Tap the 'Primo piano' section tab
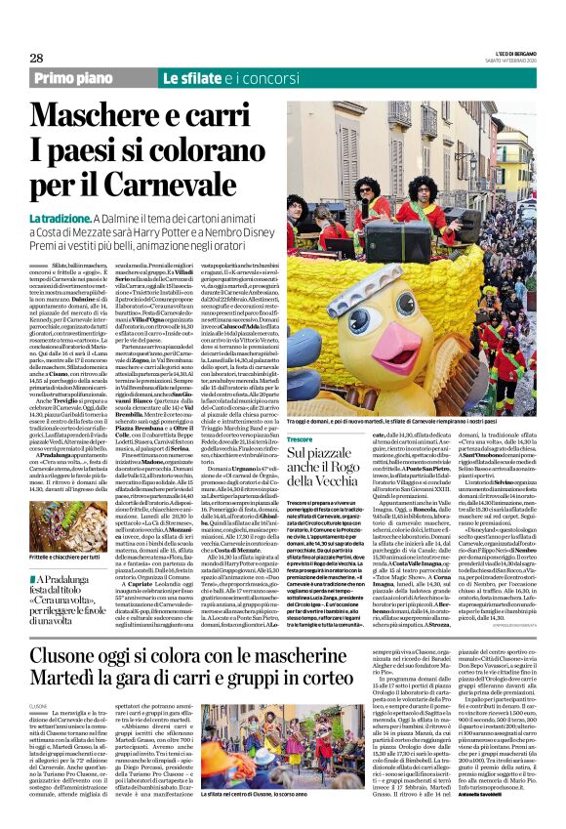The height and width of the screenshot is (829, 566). [x=72, y=77]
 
